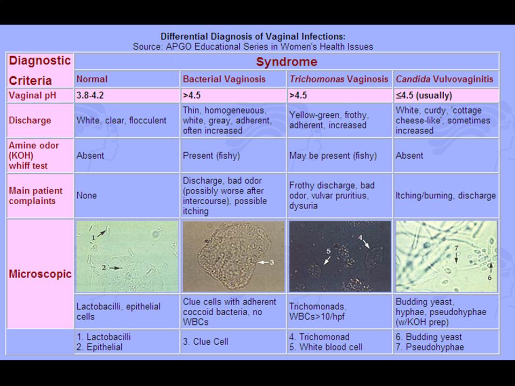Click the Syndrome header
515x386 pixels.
pos(286,61)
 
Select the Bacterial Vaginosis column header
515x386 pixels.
pos(224,79)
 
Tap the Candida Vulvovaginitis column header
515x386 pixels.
pos(444,79)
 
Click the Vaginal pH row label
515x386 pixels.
pos(33,95)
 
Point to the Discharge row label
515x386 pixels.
pos(30,121)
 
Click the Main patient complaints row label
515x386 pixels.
pos(35,196)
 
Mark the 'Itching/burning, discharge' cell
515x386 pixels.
pos(445,196)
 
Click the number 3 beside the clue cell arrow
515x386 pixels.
pos(271,263)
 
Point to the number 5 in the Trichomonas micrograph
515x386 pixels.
pos(328,252)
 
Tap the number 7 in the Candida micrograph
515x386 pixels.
pos(456,248)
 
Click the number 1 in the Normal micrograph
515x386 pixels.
pos(93,237)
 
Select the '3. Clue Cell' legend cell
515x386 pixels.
pos(205,342)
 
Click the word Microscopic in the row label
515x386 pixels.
pos(40,274)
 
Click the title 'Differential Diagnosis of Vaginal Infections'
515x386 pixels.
pos(253,36)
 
